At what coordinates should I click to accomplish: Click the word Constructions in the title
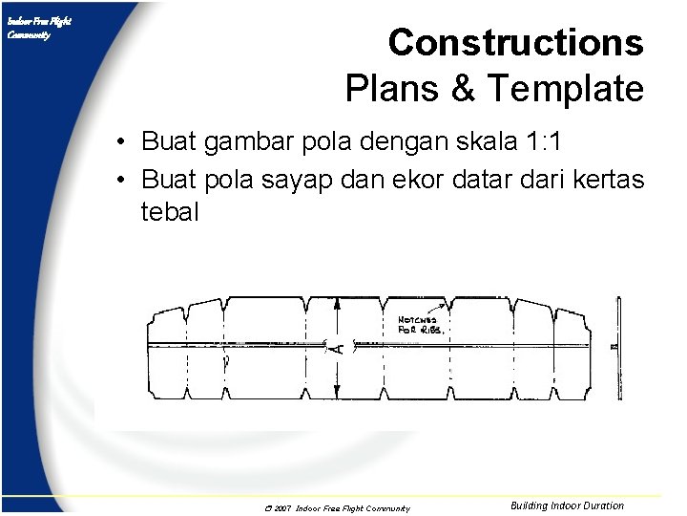tap(515, 43)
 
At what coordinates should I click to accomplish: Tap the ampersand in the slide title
tap(462, 89)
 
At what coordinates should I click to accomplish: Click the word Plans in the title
tap(391, 89)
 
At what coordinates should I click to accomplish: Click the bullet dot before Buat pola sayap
tap(123, 179)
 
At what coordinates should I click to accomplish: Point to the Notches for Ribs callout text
tap(419, 324)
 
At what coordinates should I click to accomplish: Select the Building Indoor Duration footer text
tap(567, 505)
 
